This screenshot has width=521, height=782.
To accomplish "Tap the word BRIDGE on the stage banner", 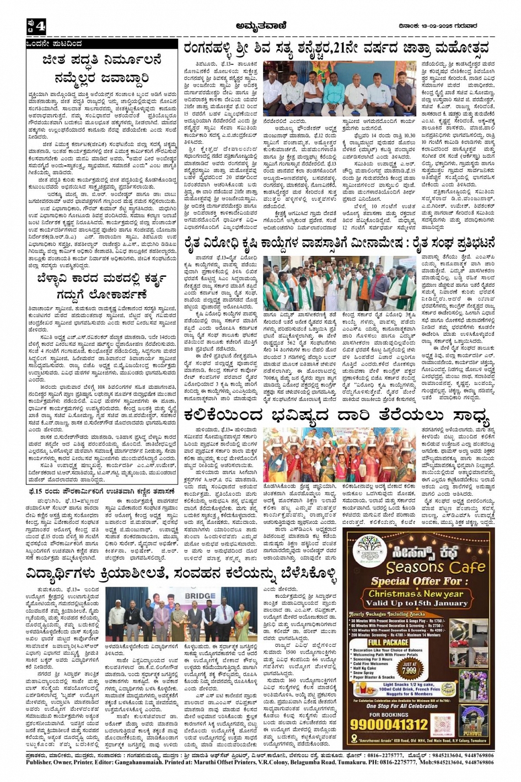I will point(200,596).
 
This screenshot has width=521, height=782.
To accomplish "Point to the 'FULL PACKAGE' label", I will point(388,642).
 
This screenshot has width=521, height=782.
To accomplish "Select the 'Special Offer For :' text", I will point(408,581).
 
